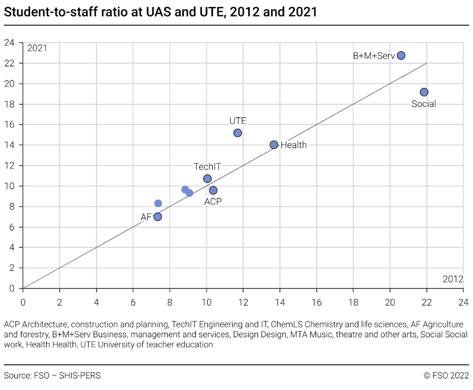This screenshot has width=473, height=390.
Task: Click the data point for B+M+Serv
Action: [x=401, y=55]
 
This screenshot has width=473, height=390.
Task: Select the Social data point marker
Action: [x=424, y=92]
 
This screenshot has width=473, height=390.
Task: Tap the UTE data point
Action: [x=238, y=133]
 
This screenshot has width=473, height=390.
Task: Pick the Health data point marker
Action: [x=274, y=145]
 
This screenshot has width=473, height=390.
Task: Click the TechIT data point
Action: [x=207, y=178]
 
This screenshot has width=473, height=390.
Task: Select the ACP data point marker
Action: [x=213, y=190]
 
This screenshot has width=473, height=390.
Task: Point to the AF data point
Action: [x=157, y=217]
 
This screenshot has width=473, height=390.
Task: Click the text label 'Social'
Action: [x=424, y=104]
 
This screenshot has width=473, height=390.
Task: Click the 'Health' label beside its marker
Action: [x=294, y=145]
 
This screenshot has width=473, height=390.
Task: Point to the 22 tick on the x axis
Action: [x=426, y=302]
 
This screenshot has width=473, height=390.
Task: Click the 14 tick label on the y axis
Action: [x=10, y=145]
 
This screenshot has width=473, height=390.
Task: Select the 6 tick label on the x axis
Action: [x=133, y=302]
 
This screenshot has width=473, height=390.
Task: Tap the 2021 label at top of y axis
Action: [x=37, y=48]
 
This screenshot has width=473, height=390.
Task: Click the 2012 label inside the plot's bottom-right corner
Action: [x=453, y=279]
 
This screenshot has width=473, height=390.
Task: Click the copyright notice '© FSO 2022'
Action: [x=446, y=376]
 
